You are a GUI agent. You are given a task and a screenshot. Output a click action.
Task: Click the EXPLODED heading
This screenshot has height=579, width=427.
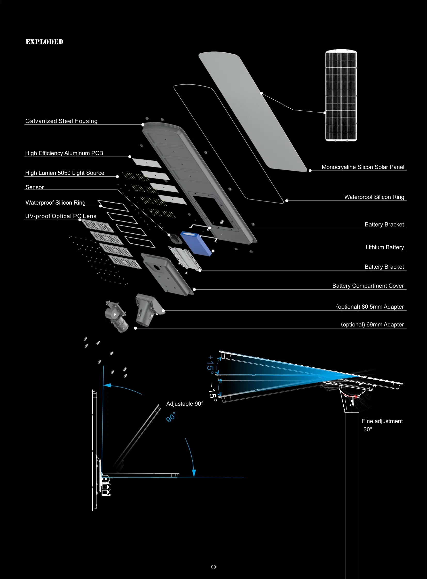(44, 42)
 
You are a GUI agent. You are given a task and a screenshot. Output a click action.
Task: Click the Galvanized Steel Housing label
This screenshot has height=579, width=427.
(61, 121)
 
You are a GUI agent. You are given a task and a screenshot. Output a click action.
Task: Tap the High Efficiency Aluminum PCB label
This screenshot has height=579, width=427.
(64, 153)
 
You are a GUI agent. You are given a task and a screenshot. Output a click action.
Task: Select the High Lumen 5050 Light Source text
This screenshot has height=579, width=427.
(65, 173)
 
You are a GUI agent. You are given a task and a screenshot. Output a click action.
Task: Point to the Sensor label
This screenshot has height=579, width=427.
(35, 187)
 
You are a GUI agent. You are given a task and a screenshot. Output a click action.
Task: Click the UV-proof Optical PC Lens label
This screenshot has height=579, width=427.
(61, 216)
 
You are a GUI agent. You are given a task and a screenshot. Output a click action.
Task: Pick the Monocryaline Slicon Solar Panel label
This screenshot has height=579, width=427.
(363, 167)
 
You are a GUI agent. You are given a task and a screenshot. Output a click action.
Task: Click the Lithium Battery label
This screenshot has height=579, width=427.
(384, 247)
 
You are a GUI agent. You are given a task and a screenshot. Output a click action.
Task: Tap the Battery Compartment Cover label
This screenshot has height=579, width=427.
(368, 286)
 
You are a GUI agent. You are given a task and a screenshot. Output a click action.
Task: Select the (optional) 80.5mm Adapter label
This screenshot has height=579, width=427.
(370, 307)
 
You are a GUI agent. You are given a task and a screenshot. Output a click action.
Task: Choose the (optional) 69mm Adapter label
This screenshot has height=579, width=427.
(372, 325)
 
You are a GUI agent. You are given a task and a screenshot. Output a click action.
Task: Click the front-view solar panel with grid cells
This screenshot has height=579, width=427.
(341, 95)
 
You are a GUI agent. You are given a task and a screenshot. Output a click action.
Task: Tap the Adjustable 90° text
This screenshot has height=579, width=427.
(185, 404)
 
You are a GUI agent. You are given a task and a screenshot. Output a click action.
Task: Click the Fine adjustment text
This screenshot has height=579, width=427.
(382, 421)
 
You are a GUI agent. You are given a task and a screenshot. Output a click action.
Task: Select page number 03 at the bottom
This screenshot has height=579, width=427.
(213, 567)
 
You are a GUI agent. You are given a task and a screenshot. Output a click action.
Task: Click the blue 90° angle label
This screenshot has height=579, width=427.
(171, 417)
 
